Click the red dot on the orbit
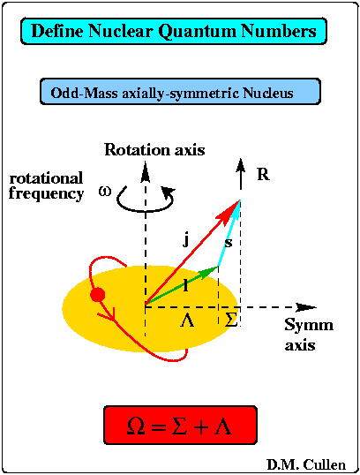[97, 295]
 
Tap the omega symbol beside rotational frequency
[105, 192]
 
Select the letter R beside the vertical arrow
[263, 175]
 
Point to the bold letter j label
[187, 240]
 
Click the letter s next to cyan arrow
[229, 242]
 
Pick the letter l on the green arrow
[185, 285]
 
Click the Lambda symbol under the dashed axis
[187, 320]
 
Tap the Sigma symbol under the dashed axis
[230, 320]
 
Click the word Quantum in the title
[198, 32]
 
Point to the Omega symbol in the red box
[136, 426]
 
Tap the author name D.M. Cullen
[306, 464]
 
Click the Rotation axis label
[154, 149]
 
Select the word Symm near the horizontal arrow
[309, 325]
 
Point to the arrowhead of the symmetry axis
[306, 307]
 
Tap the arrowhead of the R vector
[241, 166]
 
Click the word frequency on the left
[46, 194]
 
